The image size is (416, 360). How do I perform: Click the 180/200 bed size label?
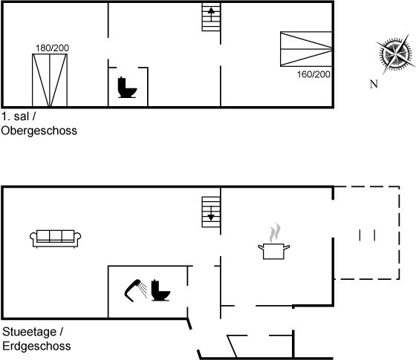[x=52, y=48]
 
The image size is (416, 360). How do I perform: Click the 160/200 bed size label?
[x=313, y=74]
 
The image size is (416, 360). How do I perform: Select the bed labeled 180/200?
[x=50, y=80]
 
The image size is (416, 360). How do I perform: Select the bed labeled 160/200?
[x=306, y=49]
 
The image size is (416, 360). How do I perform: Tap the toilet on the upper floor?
[x=127, y=88]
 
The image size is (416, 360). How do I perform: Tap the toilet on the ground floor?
[x=160, y=290]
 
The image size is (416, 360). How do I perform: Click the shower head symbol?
[x=135, y=290]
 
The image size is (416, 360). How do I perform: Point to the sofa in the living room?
[x=56, y=238]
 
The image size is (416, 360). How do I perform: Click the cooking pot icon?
[x=274, y=252]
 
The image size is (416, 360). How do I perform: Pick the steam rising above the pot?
[x=275, y=233]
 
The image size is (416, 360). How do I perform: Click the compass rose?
[x=395, y=54]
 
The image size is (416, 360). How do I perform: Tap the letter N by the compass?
[x=374, y=85]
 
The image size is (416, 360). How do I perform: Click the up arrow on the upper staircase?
[x=211, y=14]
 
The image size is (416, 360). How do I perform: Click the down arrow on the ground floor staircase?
[x=211, y=214]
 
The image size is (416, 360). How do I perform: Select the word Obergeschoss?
[x=39, y=131]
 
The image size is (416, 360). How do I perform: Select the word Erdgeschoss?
[x=36, y=346]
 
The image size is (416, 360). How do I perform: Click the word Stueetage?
[x=30, y=332]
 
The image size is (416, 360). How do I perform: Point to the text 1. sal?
[x=16, y=117]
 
